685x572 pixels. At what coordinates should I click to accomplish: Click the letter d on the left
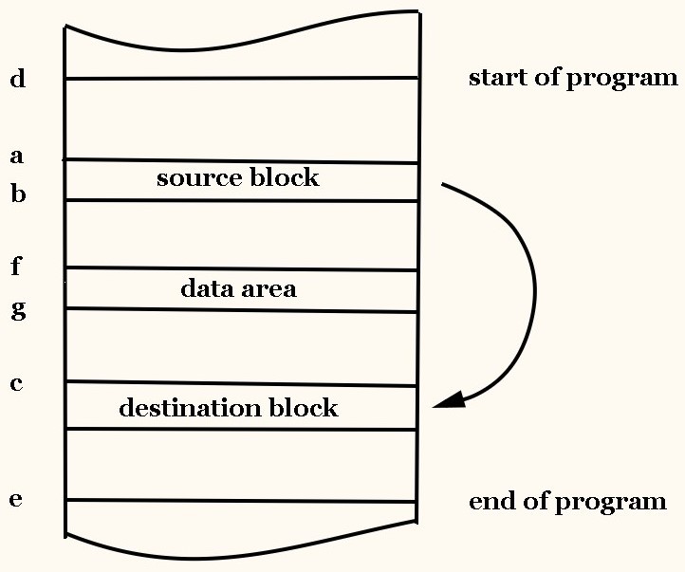click(x=18, y=79)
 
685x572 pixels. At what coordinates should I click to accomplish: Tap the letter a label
click(x=17, y=155)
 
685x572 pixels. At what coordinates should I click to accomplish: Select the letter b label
click(x=18, y=194)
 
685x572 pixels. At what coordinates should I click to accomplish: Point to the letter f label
click(x=16, y=267)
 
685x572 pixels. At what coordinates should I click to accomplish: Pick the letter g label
click(x=18, y=310)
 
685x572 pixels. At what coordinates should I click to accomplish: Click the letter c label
click(x=17, y=384)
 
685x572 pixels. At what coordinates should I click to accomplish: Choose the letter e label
click(x=16, y=500)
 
